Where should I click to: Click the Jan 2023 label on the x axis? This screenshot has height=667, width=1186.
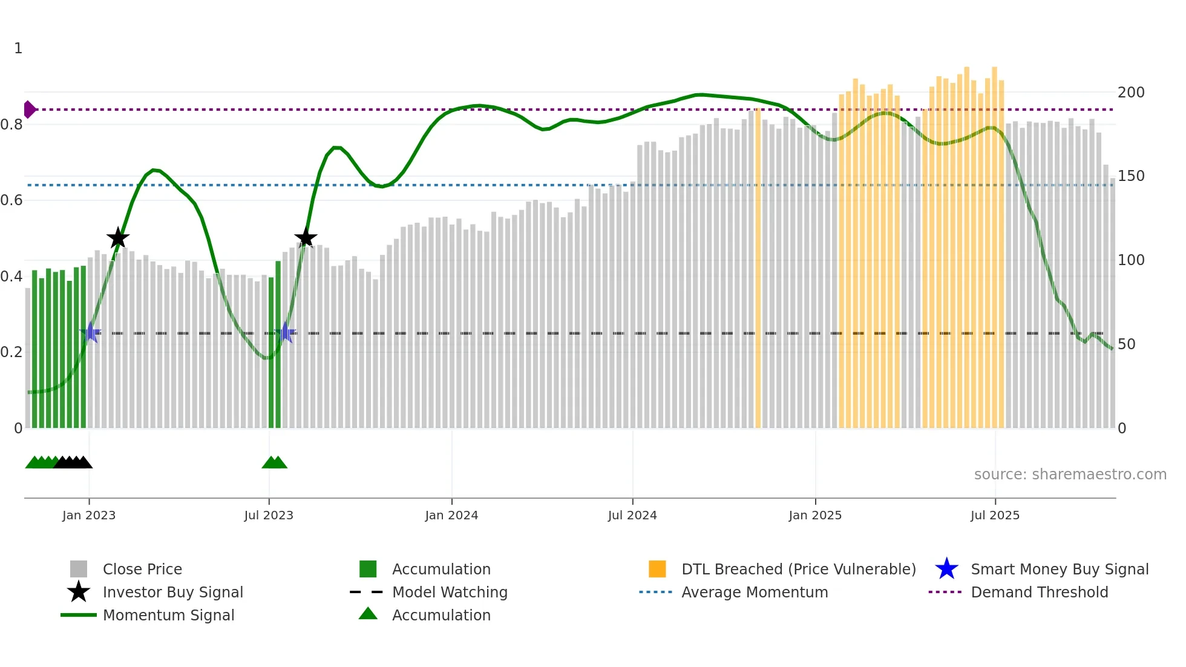[89, 515]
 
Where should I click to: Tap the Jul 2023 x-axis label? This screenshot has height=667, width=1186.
[269, 515]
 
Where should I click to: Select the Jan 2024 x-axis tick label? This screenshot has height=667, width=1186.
[451, 515]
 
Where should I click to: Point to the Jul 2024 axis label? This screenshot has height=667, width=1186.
[632, 515]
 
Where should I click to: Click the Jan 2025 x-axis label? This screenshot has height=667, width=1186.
[815, 515]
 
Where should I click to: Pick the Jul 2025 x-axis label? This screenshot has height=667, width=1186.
[995, 515]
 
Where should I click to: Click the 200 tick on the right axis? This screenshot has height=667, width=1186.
[1131, 93]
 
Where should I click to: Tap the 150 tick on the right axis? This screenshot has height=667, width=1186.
[1131, 176]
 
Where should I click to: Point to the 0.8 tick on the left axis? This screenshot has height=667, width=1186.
[11, 125]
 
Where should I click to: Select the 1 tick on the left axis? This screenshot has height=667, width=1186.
[18, 48]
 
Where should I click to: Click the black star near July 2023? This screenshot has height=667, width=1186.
[306, 238]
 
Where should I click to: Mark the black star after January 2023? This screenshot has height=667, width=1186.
[118, 238]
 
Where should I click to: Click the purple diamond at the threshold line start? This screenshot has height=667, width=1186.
[29, 110]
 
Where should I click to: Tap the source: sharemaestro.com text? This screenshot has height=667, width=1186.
[1070, 475]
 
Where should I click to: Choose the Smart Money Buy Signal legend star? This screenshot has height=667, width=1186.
[946, 569]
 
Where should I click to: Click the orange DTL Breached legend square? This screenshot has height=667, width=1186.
[657, 569]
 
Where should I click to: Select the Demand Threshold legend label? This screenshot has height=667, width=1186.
[1039, 592]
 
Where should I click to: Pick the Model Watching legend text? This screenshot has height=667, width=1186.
[450, 592]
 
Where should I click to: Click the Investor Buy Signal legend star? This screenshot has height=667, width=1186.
[79, 592]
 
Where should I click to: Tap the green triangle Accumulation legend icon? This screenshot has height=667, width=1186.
[368, 614]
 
